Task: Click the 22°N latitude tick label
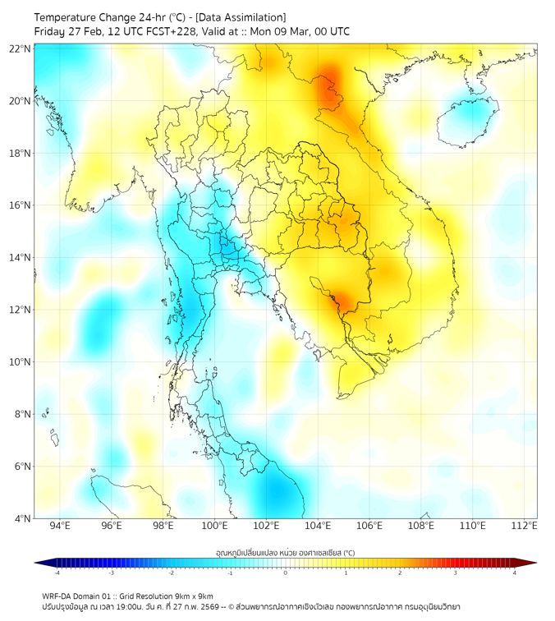tap(20, 48)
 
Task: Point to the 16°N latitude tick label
tap(20, 205)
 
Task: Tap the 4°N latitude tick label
tap(22, 518)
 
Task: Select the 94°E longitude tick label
tap(60, 526)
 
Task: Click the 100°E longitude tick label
tap(215, 526)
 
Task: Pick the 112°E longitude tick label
tap(525, 526)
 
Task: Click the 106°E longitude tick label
tap(370, 526)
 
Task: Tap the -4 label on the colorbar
tap(56, 573)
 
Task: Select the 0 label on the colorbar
tap(286, 573)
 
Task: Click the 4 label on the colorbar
tap(515, 573)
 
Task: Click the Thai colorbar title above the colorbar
tap(285, 553)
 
